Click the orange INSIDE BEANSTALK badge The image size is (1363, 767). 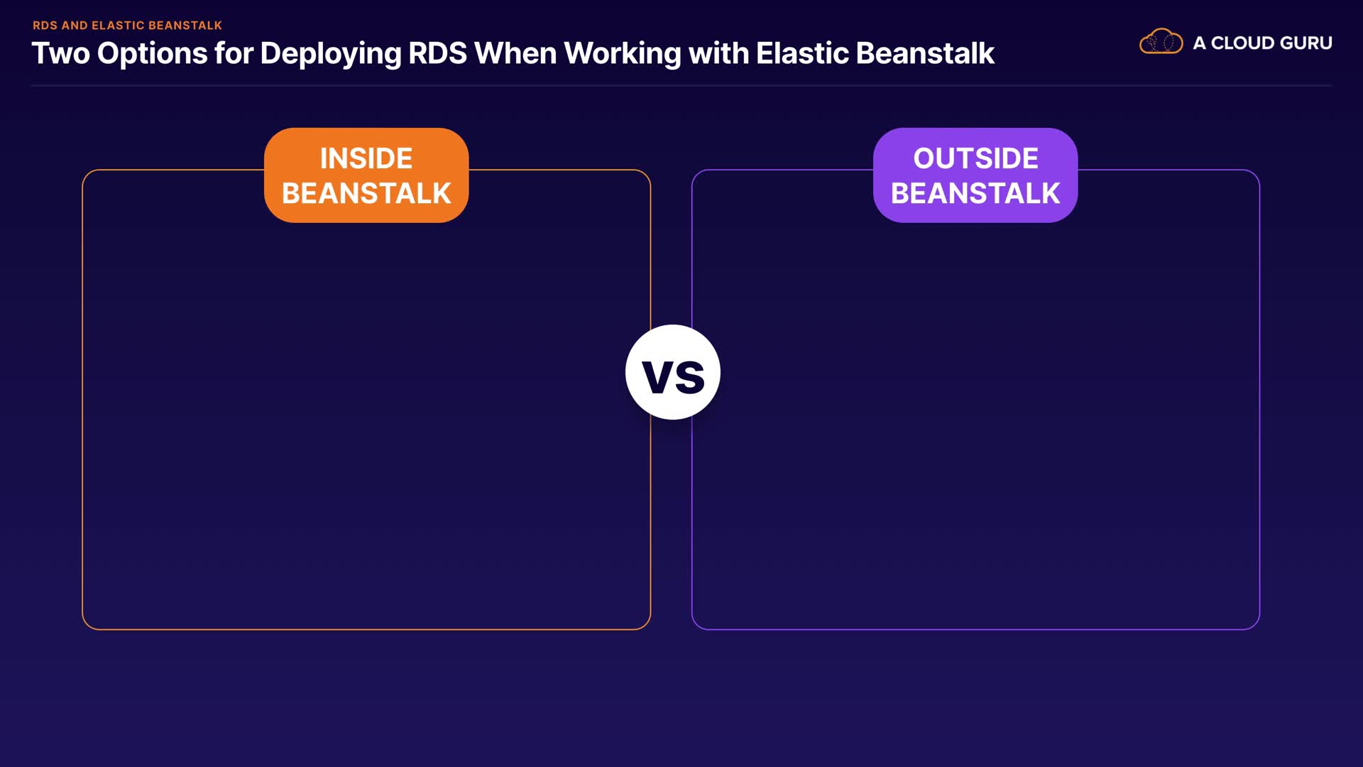coord(366,175)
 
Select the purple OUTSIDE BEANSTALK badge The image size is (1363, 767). coord(975,175)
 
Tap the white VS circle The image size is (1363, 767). coord(673,372)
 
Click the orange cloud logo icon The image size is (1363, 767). coord(1161,41)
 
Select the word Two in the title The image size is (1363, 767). coord(61,54)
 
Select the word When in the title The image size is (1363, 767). coord(515,54)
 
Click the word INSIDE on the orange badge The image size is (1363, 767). coord(366,158)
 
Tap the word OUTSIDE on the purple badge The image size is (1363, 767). coord(975,158)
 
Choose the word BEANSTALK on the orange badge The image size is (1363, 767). coord(366,193)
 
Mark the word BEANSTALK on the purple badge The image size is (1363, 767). coord(975,193)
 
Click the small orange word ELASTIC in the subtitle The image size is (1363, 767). coord(118,26)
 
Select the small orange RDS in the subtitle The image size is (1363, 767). coord(45,26)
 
